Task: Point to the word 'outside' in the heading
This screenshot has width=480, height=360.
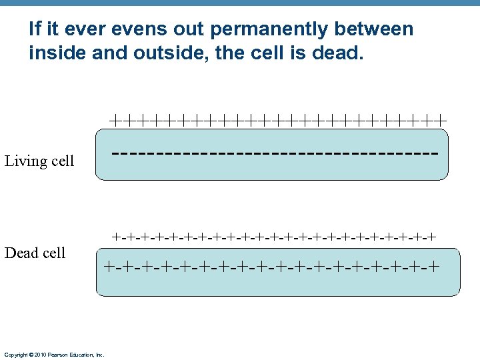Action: tap(164, 53)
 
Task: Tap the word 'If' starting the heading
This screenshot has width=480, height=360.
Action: tap(35, 29)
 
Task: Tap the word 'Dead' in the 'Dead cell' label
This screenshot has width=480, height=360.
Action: tap(21, 253)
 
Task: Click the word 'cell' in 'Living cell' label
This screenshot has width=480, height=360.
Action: tap(61, 161)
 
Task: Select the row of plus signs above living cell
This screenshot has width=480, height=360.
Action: tap(277, 120)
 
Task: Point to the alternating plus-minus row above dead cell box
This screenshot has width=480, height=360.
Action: tap(274, 236)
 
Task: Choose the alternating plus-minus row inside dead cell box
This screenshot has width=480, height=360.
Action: tap(271, 267)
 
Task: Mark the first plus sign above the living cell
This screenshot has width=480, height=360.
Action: tap(116, 120)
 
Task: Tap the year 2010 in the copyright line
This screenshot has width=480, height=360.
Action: tap(39, 355)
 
